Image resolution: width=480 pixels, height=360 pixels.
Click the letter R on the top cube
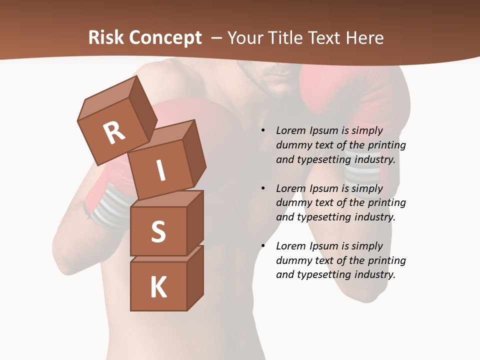click(x=114, y=133)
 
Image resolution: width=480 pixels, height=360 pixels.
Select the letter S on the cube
click(x=158, y=231)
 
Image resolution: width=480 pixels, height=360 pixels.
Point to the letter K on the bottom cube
click(x=158, y=287)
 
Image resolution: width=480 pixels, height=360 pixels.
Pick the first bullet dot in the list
click(x=263, y=130)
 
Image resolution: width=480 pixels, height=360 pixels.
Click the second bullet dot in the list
click(x=263, y=188)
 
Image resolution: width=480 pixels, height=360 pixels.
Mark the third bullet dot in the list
click(x=263, y=246)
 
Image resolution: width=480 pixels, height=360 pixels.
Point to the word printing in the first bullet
click(x=386, y=145)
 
